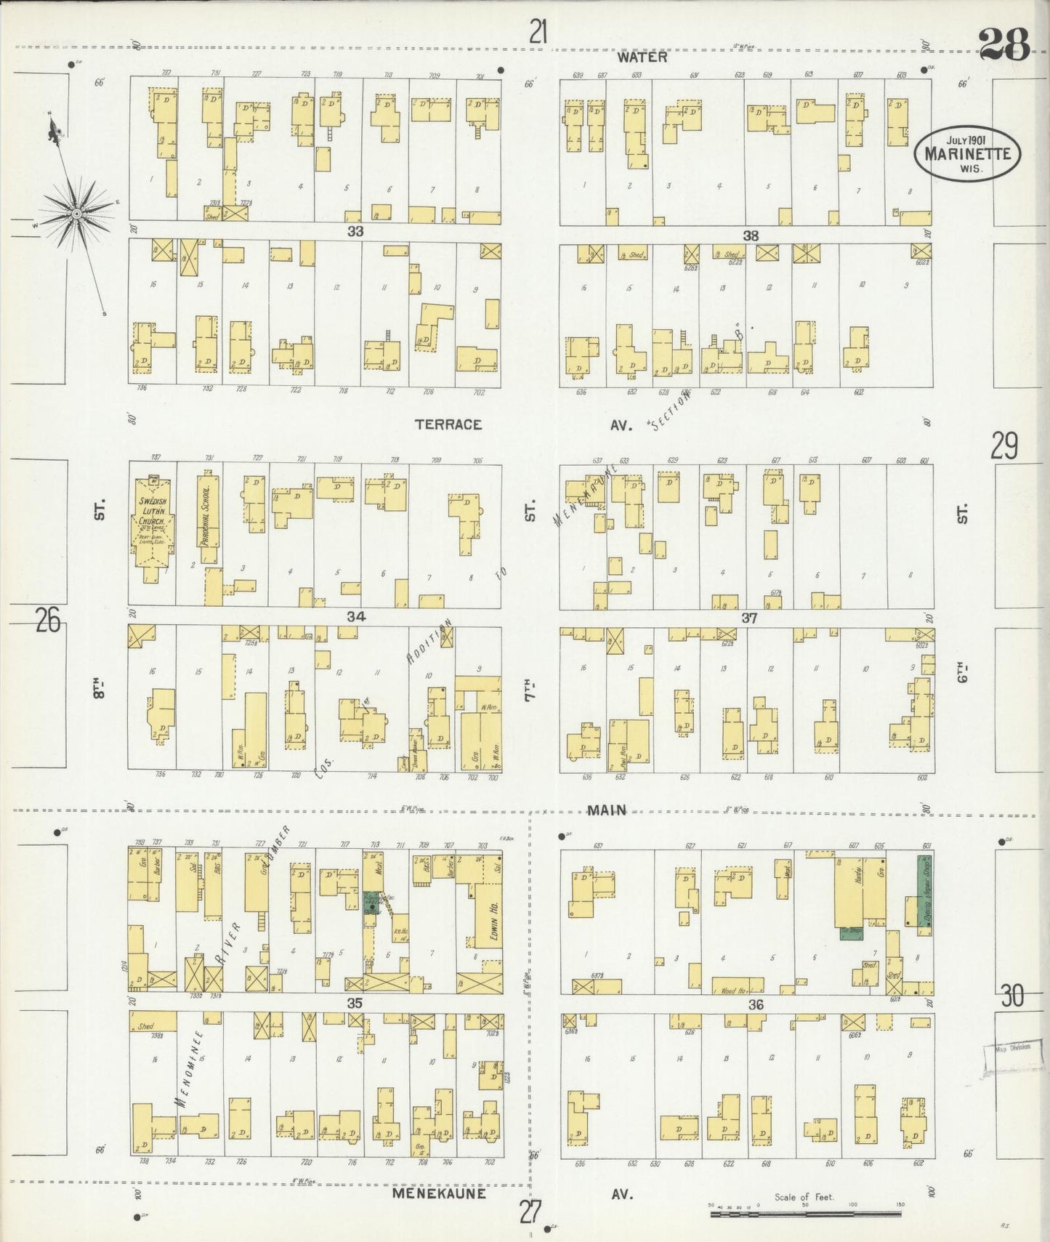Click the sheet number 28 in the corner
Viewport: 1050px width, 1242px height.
(1004, 45)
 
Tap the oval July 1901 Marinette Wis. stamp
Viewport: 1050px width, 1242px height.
(967, 153)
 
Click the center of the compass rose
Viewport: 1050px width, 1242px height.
(76, 214)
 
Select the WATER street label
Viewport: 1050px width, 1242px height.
(642, 57)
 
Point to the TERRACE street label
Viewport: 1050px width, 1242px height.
(448, 424)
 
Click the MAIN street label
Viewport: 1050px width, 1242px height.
(607, 810)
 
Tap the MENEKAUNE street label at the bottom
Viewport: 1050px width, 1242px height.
(439, 1194)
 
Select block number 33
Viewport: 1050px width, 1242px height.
(355, 232)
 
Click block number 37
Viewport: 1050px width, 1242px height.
(749, 618)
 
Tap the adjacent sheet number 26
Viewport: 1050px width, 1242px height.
(47, 621)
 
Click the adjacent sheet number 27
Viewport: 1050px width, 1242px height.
(531, 1211)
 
